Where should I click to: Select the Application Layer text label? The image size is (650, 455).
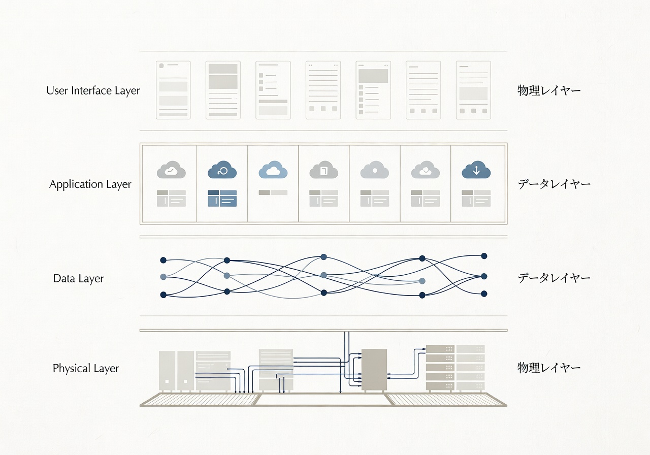tap(90, 184)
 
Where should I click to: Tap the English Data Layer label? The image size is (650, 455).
tap(78, 278)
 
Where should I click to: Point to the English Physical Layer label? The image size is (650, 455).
tap(86, 368)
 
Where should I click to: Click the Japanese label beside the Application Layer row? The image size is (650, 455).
tap(554, 184)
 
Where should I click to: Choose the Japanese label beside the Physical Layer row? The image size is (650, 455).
tap(549, 368)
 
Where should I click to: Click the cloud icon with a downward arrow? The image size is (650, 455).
tap(476, 170)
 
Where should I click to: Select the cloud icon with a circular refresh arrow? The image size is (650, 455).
tap(222, 170)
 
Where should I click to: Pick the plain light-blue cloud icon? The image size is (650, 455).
tap(273, 170)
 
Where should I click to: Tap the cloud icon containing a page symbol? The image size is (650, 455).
tap(323, 170)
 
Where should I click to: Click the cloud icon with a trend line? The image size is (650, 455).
tap(171, 170)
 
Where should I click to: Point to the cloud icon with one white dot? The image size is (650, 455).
tap(374, 170)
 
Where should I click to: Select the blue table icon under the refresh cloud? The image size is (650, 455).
tap(222, 198)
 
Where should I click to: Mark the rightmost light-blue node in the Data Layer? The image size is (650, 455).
tap(422, 281)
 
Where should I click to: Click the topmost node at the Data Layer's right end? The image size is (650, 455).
tap(484, 256)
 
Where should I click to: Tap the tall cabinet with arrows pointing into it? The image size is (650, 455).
tap(374, 370)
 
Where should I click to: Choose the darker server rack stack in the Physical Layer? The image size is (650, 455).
tap(440, 367)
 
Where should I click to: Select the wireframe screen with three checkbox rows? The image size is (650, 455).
tap(273, 90)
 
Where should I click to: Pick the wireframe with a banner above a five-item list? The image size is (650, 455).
tap(373, 90)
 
